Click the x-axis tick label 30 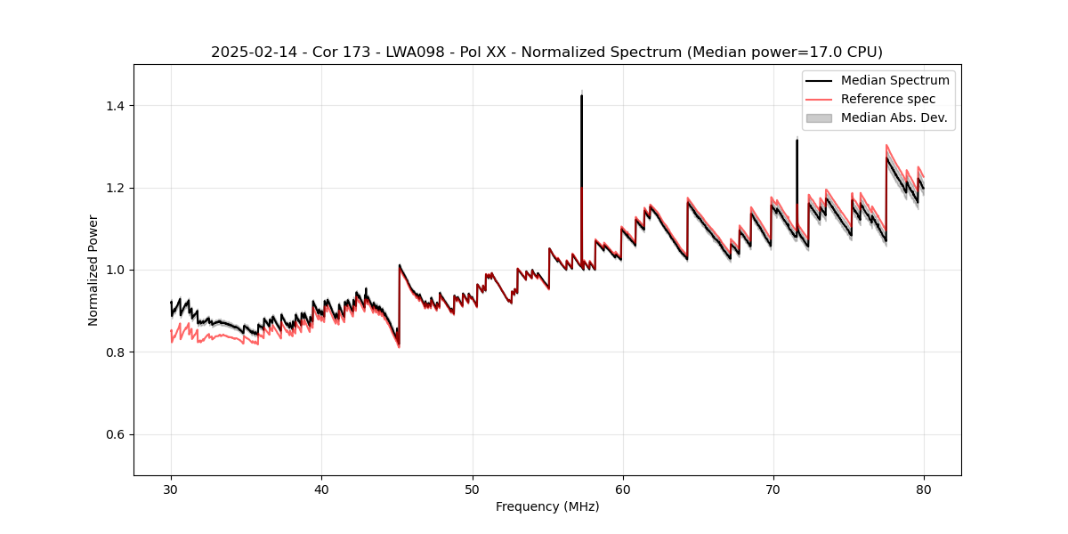pyautogui.click(x=171, y=489)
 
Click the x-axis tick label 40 pyautogui.click(x=321, y=489)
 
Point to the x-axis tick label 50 pyautogui.click(x=472, y=489)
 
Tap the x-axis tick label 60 pyautogui.click(x=622, y=489)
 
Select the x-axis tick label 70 pyautogui.click(x=773, y=489)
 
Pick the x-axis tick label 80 pyautogui.click(x=923, y=489)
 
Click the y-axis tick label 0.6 pyautogui.click(x=117, y=434)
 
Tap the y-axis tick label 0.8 pyautogui.click(x=117, y=352)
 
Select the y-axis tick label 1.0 pyautogui.click(x=117, y=270)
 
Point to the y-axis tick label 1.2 pyautogui.click(x=117, y=188)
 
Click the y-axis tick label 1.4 pyautogui.click(x=117, y=106)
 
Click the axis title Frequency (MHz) pyautogui.click(x=547, y=506)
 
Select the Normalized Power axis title pyautogui.click(x=93, y=270)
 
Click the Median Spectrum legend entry pyautogui.click(x=894, y=80)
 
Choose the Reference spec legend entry pyautogui.click(x=887, y=99)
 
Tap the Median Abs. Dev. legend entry pyautogui.click(x=894, y=117)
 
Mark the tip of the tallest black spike pyautogui.click(x=581, y=95)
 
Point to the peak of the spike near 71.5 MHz pyautogui.click(x=797, y=141)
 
